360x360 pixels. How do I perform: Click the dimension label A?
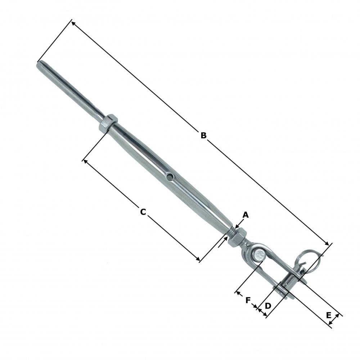(246, 215)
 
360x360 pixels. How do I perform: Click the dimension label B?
(203, 135)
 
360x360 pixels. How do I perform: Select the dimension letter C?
(143, 212)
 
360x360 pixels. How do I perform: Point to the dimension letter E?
(328, 315)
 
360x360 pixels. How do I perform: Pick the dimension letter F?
(248, 300)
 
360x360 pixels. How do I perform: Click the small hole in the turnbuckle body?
(169, 176)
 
